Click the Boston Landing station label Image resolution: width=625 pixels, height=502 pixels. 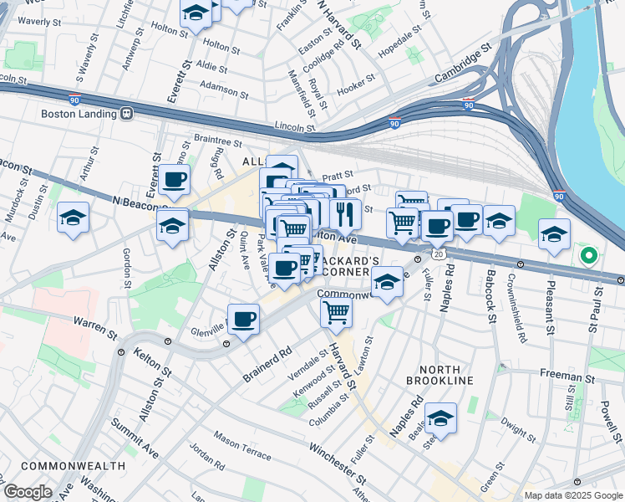(x=76, y=113)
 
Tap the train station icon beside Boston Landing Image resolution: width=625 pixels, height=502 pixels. (x=127, y=113)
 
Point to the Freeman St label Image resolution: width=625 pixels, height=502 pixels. (x=566, y=378)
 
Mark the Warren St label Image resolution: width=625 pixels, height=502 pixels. (x=95, y=326)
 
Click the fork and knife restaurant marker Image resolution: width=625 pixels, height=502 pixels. (x=344, y=214)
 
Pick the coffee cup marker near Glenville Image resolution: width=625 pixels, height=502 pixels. (x=243, y=319)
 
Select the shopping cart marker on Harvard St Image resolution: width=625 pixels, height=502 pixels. (x=337, y=313)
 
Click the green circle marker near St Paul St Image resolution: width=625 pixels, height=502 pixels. (x=588, y=255)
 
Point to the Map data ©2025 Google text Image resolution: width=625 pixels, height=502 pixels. (x=572, y=495)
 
